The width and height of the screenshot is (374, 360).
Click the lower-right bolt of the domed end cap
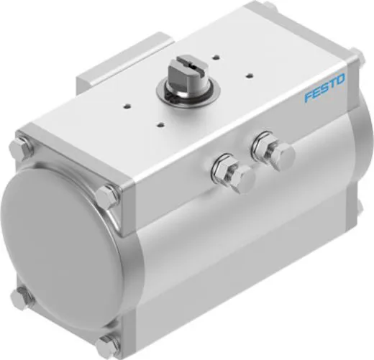coord(109,343)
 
